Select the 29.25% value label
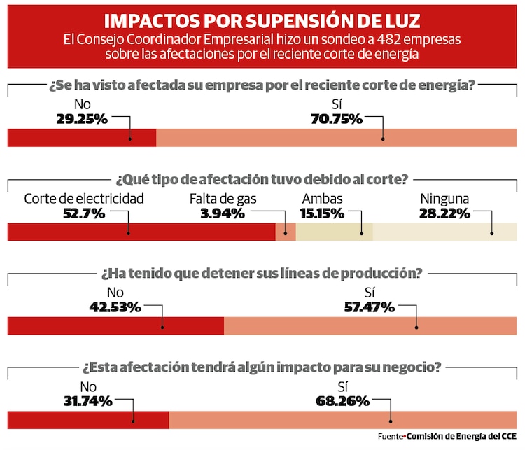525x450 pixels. tap(82, 119)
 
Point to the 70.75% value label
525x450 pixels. tap(336, 119)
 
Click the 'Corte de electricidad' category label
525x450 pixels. tap(84, 199)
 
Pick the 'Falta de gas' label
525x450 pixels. tap(223, 199)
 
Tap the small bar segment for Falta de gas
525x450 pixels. tap(286, 232)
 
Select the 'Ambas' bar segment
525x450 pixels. tap(334, 232)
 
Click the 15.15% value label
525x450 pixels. tap(321, 213)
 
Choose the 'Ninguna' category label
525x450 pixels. tap(444, 199)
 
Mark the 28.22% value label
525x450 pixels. tap(444, 213)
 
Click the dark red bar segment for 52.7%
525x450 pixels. tap(140, 232)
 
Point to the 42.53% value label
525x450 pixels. tap(115, 307)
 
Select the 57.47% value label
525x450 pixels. tap(370, 307)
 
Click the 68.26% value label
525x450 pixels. tap(342, 401)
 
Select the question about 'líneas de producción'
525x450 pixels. tap(262, 273)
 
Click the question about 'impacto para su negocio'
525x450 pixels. tap(262, 367)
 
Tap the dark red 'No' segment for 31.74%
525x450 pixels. tap(87, 420)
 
